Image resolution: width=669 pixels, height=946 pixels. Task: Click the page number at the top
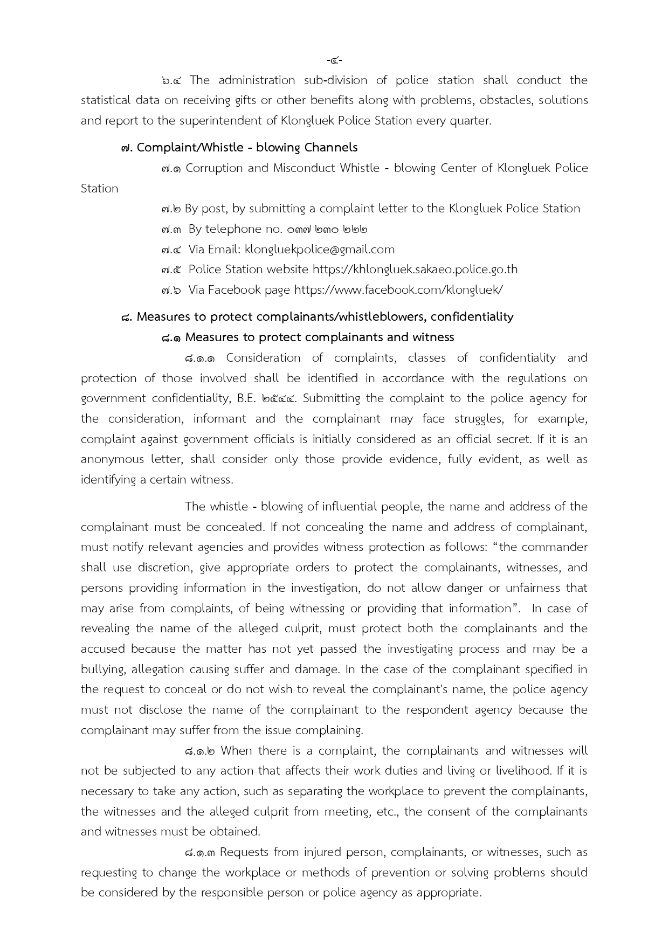click(x=334, y=60)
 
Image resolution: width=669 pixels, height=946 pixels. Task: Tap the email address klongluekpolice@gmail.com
click(x=320, y=250)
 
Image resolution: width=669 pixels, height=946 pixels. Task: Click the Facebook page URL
click(x=398, y=290)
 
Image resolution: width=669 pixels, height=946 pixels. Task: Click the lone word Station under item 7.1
click(x=99, y=189)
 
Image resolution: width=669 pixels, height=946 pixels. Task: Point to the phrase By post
click(x=199, y=209)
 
